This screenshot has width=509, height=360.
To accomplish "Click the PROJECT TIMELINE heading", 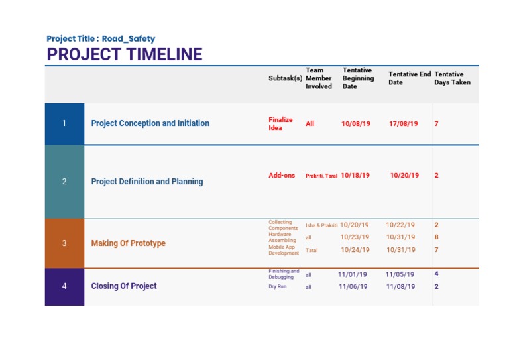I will [125, 54].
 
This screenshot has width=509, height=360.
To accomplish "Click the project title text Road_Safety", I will [129, 39].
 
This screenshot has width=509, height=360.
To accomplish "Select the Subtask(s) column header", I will [285, 78].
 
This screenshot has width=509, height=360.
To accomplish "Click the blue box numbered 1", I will [64, 123].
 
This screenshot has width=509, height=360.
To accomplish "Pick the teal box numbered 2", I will [64, 182].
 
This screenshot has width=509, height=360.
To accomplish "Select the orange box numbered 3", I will [64, 243].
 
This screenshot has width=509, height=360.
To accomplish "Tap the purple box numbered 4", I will [64, 286].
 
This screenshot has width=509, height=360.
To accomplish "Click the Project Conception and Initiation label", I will [150, 123].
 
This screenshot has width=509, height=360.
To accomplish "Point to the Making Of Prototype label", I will [128, 243].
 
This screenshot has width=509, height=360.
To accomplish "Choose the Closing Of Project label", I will [124, 286].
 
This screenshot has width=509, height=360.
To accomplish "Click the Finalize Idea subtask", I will [280, 124].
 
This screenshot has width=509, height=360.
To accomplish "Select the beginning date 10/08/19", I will [356, 124].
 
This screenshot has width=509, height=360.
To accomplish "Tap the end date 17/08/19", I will [404, 124].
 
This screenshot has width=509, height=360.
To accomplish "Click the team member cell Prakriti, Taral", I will [321, 176].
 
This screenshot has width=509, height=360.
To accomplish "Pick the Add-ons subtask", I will [282, 176].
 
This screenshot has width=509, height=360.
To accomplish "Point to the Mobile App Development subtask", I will [284, 250].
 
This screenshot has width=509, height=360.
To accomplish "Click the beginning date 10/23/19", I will [355, 237].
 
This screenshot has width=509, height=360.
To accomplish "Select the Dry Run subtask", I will [276, 287].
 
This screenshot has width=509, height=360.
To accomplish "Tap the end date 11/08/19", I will [400, 287].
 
